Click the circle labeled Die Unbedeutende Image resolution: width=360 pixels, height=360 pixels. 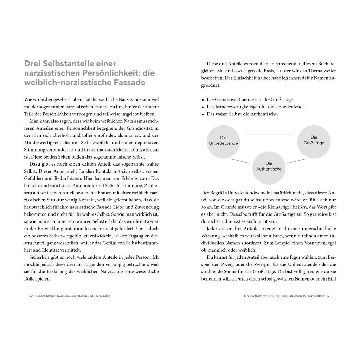coord(223,141)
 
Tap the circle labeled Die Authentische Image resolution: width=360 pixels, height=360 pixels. coord(269,166)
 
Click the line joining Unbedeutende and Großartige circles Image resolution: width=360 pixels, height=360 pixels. coord(269,134)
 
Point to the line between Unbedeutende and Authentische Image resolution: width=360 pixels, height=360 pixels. coord(240,161)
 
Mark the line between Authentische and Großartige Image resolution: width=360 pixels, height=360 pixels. coord(297,161)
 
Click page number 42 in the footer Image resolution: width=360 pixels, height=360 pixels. coord(31,296)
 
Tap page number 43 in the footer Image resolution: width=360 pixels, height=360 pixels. coord(329,296)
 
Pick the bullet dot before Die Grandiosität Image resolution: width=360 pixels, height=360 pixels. coord(203,100)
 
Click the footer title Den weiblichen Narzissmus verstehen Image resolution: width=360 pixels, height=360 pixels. coord(72,296)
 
